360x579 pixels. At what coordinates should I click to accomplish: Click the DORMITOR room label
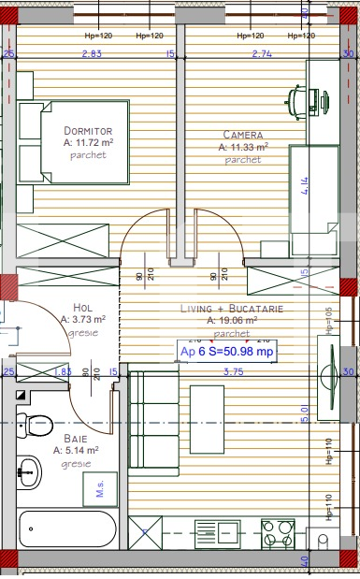88,130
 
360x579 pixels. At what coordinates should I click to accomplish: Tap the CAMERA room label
243,134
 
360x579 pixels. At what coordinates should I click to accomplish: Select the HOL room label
83,306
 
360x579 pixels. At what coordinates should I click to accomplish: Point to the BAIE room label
76,437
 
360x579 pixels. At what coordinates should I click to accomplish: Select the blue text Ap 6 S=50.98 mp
227,352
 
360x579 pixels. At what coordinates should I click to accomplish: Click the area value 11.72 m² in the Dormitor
88,142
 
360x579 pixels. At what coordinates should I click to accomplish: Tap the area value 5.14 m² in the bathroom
76,450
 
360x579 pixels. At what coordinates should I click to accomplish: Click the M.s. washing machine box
94,486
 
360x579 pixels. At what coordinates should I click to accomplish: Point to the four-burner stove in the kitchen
280,534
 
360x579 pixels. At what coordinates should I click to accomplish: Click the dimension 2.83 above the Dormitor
91,54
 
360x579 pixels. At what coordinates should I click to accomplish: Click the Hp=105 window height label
329,320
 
